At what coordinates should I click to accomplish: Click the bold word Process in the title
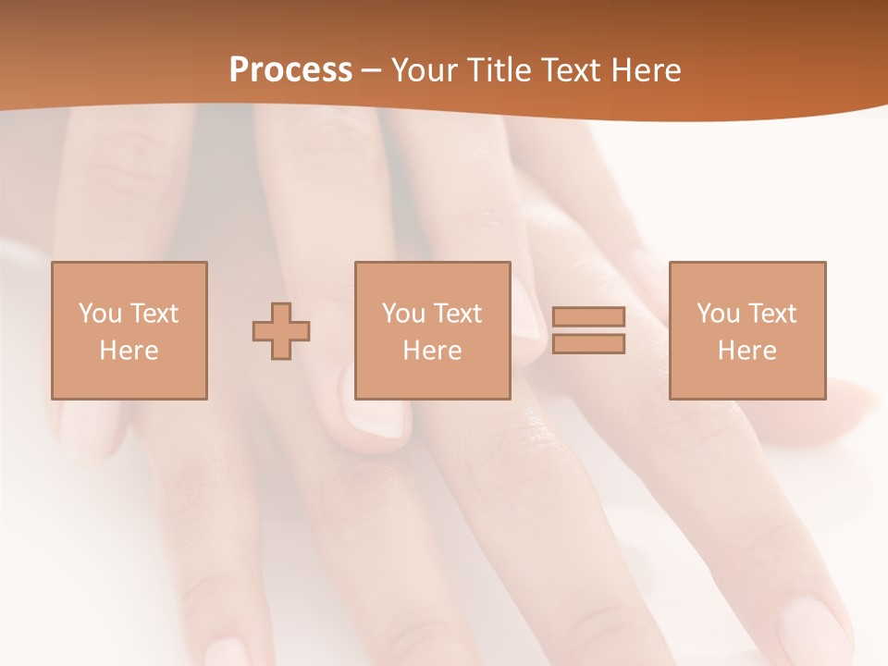point(290,70)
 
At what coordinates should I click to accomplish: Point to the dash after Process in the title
point(372,71)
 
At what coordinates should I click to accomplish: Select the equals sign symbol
point(588,330)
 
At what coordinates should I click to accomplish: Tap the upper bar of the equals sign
point(588,317)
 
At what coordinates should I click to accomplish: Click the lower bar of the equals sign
point(588,343)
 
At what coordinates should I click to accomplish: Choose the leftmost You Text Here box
point(129,330)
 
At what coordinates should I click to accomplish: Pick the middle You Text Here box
point(432,330)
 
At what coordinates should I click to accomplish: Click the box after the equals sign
point(746,330)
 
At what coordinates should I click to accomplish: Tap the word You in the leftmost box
point(100,314)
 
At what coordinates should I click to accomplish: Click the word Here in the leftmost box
point(129,351)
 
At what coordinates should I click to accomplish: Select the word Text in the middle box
point(458,314)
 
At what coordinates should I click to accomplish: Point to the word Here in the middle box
point(432,351)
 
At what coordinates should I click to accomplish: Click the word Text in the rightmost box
point(772,314)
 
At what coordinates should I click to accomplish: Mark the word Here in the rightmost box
point(746,351)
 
